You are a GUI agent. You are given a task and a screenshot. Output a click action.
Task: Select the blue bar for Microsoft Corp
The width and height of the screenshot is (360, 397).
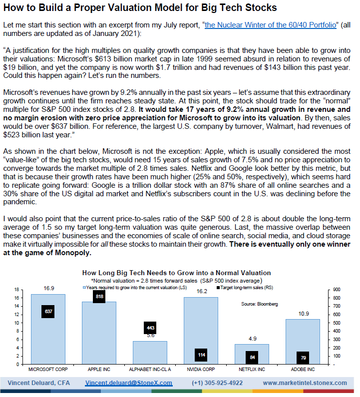[48, 335]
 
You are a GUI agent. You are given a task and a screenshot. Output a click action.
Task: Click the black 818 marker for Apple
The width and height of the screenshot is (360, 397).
[99, 296]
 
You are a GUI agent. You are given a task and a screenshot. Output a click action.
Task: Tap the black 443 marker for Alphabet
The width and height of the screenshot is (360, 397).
[150, 328]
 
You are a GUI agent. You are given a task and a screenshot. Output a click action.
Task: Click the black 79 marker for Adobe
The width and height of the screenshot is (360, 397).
[303, 358]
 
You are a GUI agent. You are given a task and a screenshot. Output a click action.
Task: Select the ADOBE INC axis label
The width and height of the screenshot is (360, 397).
[303, 370]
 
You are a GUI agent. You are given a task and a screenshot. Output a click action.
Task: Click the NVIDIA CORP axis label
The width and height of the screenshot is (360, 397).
[201, 370]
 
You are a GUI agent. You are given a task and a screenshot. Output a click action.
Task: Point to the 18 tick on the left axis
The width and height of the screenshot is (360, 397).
[16, 290]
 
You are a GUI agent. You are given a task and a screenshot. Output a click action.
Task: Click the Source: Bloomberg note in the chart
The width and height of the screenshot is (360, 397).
[259, 304]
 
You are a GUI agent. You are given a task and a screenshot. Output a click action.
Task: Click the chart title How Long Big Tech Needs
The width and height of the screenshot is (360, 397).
[176, 273]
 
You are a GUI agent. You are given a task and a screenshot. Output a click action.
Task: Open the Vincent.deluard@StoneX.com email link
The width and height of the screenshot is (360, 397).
[128, 383]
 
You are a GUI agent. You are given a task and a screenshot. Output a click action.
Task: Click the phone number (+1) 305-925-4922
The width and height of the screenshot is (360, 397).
[217, 383]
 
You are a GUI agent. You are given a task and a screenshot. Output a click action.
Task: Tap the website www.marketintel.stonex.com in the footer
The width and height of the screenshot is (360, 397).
[305, 383]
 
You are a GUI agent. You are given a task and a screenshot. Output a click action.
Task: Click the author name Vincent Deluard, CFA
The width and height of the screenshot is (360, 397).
[38, 383]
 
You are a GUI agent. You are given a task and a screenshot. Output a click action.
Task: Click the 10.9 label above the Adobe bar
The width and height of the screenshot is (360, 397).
[303, 313]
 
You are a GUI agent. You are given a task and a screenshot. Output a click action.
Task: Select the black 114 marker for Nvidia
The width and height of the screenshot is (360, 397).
[201, 355]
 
